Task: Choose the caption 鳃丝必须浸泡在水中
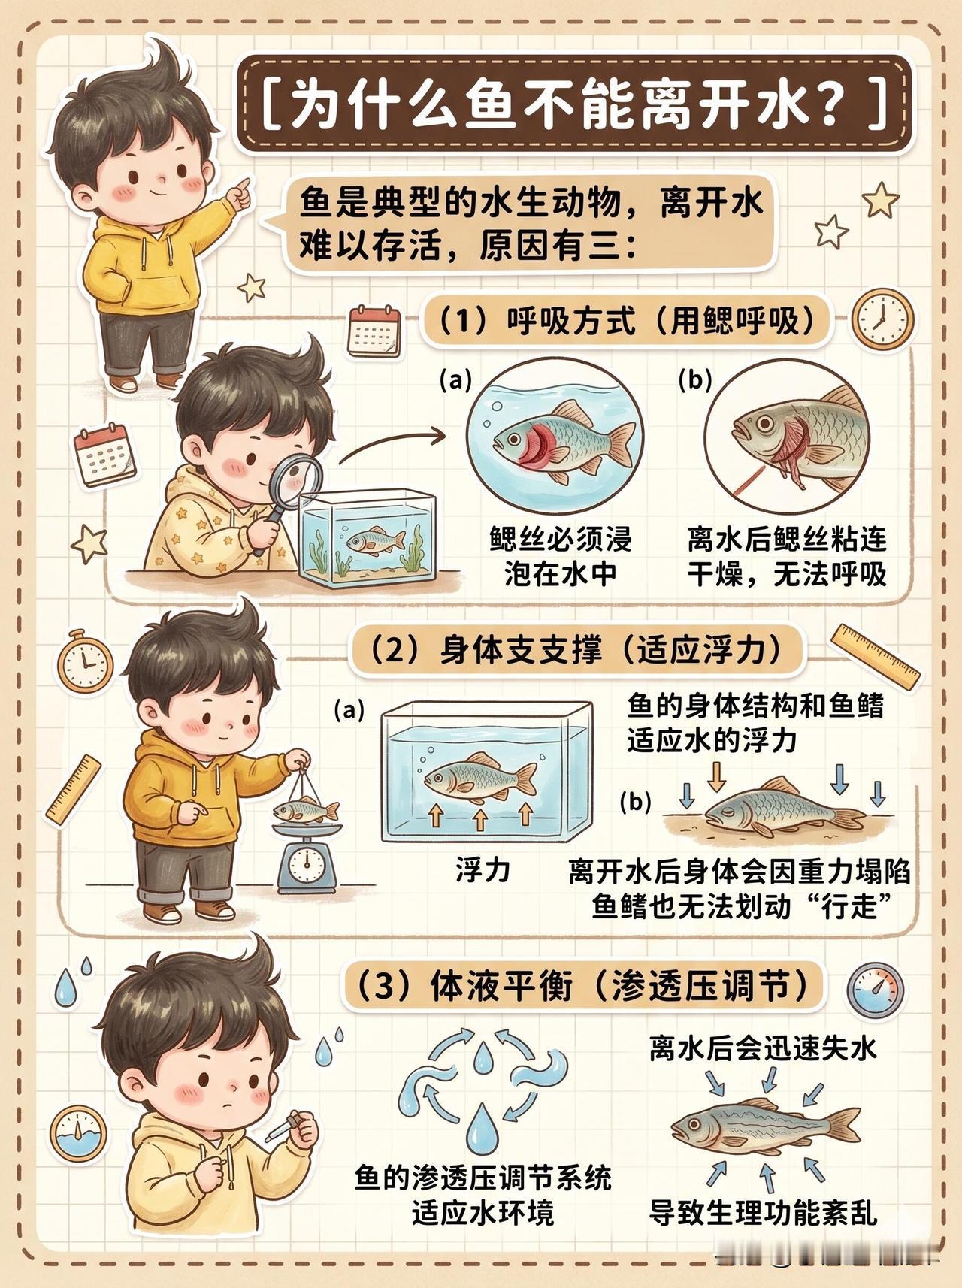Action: [x=561, y=555]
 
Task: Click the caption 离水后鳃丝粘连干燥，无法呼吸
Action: [x=786, y=555]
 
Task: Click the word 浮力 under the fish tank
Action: [x=483, y=870]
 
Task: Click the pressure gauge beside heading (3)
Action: [x=876, y=988]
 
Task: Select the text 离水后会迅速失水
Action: [x=763, y=1048]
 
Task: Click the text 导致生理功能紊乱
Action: [x=763, y=1211]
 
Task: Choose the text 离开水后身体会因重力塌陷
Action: [x=740, y=872]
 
